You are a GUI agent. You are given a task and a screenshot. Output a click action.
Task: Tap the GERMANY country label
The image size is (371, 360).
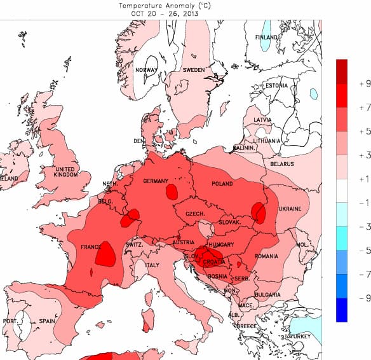(x=156, y=181)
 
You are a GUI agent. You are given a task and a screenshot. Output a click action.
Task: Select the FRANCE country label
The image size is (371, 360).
(x=92, y=247)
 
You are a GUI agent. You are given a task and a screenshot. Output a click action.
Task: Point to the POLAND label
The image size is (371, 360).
(x=222, y=184)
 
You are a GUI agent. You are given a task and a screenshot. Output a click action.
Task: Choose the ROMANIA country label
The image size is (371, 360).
(x=267, y=256)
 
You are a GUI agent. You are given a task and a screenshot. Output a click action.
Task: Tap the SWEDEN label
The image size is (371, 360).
(x=194, y=70)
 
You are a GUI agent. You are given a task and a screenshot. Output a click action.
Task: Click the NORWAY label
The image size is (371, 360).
(x=146, y=70)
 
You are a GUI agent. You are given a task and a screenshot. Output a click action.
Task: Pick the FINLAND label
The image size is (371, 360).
(x=267, y=38)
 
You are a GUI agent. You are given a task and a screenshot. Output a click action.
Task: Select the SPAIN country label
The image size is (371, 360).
(x=47, y=321)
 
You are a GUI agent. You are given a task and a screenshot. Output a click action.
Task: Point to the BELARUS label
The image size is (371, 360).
(x=282, y=164)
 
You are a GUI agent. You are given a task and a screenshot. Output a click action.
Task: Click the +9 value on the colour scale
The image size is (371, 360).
(x=364, y=83)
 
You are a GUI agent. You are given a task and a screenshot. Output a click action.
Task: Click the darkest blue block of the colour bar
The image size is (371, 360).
(x=342, y=309)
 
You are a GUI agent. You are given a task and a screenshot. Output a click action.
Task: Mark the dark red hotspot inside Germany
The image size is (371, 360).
(x=171, y=191)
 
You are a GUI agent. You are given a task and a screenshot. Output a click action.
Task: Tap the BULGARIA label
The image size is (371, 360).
(x=267, y=294)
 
